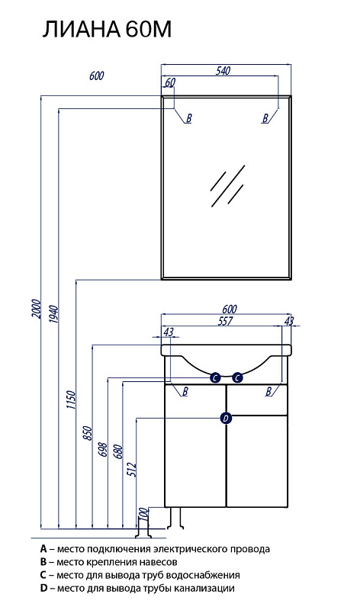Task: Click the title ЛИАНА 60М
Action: [107, 30]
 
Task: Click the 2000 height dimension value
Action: [36, 309]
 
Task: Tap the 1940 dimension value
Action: [53, 315]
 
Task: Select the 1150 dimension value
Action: [71, 400]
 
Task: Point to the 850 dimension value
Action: [88, 433]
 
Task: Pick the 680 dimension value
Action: [119, 451]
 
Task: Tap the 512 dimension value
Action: [133, 470]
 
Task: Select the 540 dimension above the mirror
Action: [223, 70]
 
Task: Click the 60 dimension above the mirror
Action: [170, 82]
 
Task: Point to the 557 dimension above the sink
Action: [225, 321]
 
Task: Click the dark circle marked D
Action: [226, 418]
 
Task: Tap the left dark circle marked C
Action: [215, 377]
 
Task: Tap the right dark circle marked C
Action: [237, 377]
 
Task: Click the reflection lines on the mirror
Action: [228, 186]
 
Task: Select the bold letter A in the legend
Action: [43, 549]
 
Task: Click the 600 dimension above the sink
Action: [230, 309]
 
